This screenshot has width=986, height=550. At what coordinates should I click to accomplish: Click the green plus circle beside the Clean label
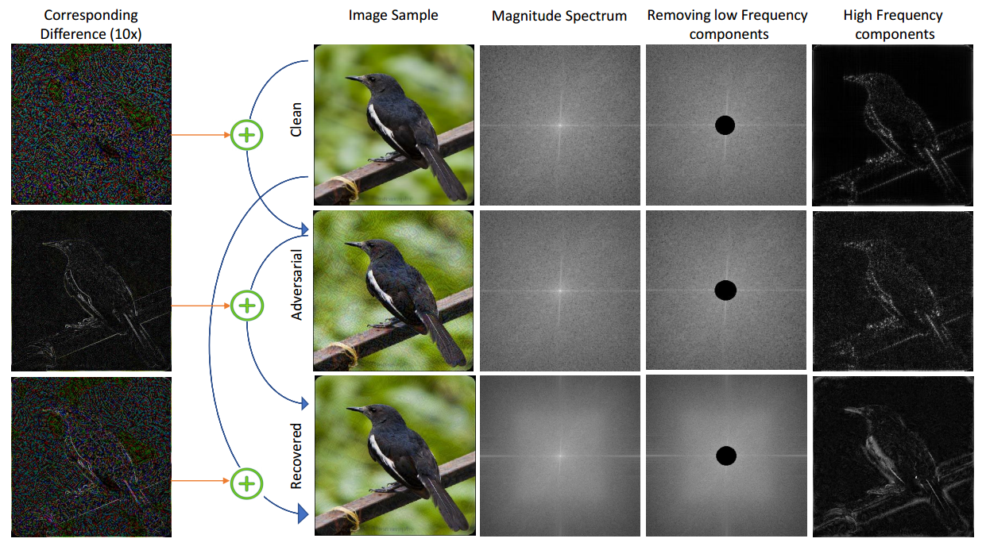tap(247, 135)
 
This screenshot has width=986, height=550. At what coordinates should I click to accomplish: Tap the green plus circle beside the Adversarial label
tap(247, 306)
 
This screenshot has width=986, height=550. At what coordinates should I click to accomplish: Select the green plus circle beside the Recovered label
tap(247, 481)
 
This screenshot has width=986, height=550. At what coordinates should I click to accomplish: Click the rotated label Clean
tap(296, 118)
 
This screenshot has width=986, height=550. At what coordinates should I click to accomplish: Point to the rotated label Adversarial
tap(296, 283)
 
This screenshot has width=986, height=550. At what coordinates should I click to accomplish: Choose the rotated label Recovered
tap(296, 456)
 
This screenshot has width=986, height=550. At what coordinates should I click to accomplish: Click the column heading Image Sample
tap(393, 15)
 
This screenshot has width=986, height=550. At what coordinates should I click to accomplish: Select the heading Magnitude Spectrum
tap(559, 16)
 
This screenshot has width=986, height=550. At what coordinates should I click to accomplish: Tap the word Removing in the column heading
tap(678, 15)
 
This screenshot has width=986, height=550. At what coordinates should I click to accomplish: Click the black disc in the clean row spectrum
tap(725, 125)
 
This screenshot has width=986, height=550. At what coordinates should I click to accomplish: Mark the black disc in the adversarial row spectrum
tap(725, 290)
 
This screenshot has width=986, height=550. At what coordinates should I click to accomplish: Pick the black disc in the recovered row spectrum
tap(726, 456)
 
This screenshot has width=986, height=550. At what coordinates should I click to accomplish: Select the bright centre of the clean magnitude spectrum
tap(559, 125)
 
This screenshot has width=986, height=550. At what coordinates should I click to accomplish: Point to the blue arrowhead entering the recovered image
tap(303, 517)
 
